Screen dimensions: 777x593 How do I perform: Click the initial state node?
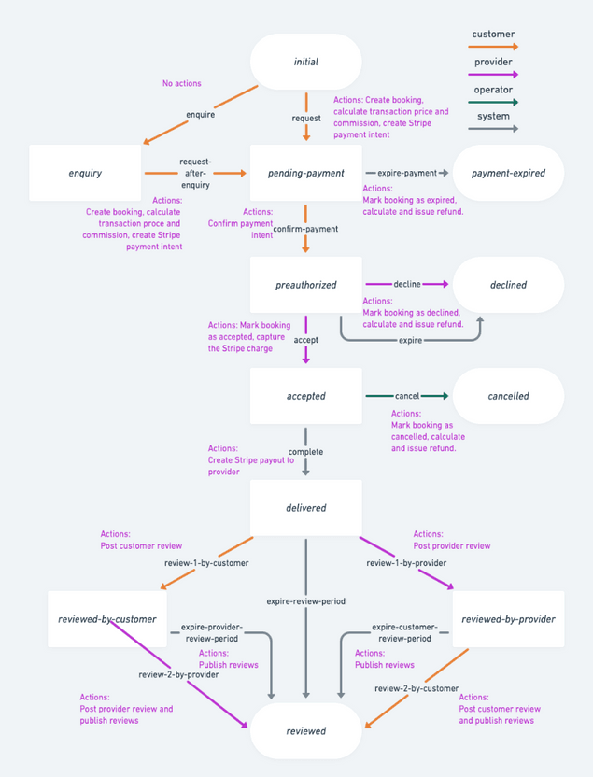point(305,62)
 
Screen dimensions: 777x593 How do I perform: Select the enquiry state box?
point(85,173)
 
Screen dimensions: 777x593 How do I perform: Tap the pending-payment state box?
point(305,173)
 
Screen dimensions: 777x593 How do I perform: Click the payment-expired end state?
point(508,173)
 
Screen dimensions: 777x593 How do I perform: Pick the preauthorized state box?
point(305,285)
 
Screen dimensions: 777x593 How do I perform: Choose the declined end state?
point(508,285)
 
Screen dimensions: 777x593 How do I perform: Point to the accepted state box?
point(305,396)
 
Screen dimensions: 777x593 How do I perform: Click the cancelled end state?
point(508,396)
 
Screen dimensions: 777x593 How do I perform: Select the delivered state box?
point(305,508)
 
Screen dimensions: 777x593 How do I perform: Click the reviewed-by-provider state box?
point(508,619)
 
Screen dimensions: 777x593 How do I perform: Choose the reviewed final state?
point(305,730)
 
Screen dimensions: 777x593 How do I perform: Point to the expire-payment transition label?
point(407,173)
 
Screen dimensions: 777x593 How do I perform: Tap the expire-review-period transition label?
point(305,601)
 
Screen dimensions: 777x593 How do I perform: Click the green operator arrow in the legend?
point(493,103)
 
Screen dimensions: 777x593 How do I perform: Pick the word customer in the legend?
point(493,35)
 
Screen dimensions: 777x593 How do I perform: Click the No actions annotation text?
point(181,84)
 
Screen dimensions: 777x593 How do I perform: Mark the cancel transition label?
point(407,396)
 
